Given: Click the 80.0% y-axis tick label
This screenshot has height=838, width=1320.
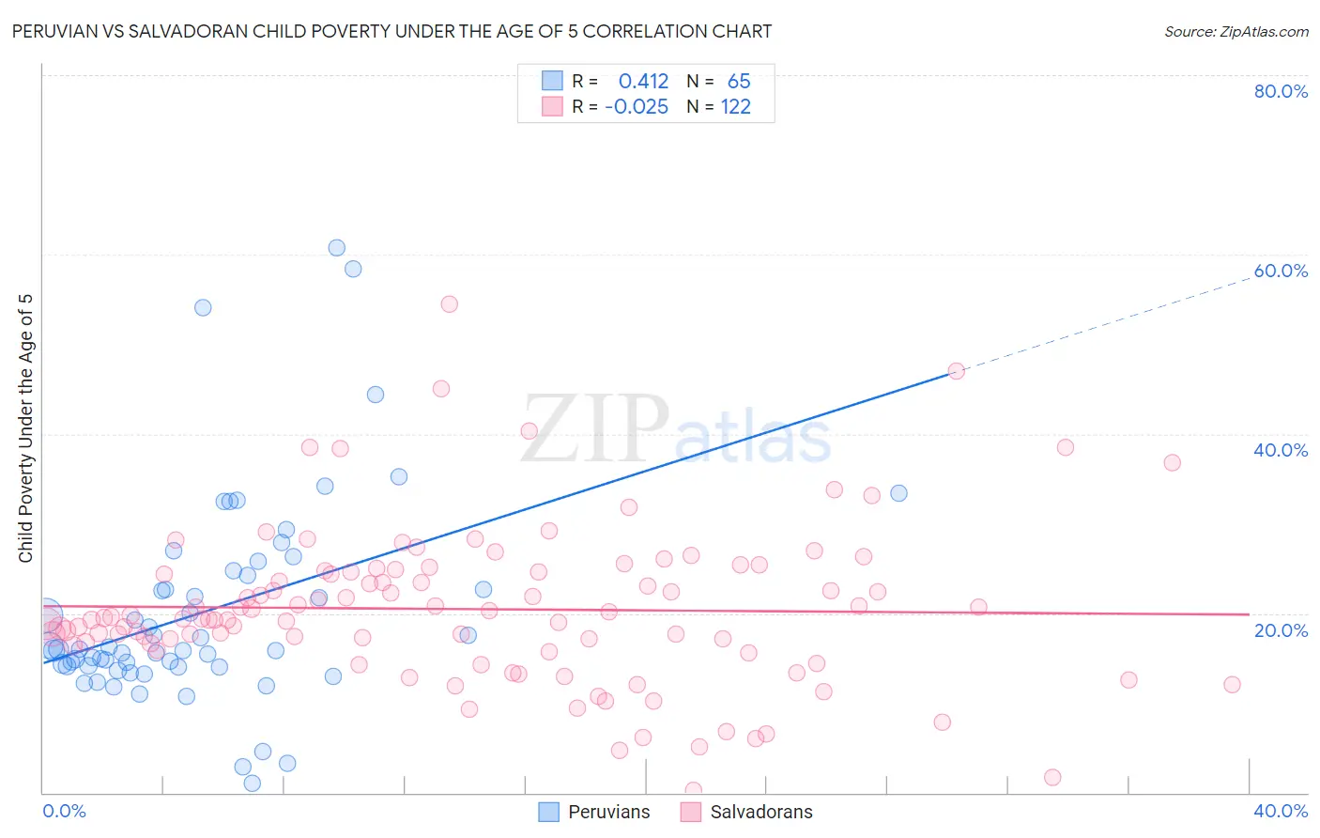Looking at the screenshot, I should tap(1281, 91).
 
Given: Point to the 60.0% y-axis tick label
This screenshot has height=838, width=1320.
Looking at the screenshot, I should tap(1281, 271).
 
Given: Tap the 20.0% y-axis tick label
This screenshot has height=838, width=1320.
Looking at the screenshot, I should tap(1281, 630).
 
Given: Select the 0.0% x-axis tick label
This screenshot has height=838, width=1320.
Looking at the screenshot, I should tap(64, 811).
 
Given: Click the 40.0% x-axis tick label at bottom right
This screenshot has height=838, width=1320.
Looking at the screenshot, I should tap(1281, 811).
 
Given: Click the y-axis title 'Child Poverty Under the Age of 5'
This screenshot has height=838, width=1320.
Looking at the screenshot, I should tap(26, 428).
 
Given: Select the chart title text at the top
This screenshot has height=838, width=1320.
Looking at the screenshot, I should tap(391, 31).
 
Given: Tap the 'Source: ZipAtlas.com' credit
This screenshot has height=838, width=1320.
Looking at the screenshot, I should tap(1236, 31).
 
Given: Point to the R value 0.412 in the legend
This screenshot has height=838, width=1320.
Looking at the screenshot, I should tap(643, 82).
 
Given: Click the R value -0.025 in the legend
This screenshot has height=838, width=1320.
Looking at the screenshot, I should tap(637, 107).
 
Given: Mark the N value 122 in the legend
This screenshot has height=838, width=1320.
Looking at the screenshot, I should tap(736, 107).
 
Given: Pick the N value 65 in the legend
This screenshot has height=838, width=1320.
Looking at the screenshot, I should tap(739, 82).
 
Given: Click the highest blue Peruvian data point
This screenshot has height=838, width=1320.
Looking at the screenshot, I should tap(336, 248).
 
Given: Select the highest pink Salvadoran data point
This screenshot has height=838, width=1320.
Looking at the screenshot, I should tap(449, 304).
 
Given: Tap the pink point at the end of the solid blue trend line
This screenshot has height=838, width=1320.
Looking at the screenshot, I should tap(956, 371).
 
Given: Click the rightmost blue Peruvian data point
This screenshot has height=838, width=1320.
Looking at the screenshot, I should tap(898, 493).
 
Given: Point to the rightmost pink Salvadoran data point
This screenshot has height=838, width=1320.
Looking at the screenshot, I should tap(1232, 685).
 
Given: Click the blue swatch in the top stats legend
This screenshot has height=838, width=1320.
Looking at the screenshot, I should tap(552, 81).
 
